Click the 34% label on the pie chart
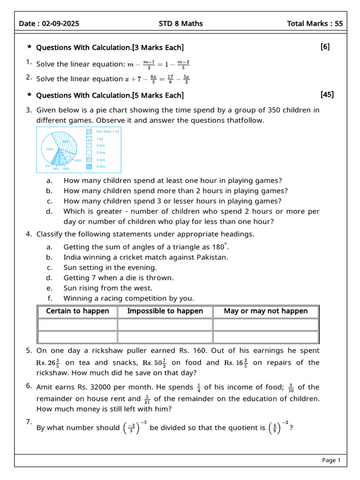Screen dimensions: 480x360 [x=50, y=149]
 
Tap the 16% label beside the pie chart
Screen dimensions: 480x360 [x=78, y=160]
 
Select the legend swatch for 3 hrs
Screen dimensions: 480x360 [x=89, y=152]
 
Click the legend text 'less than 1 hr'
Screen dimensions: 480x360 [x=108, y=132]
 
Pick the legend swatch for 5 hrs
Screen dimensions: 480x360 [x=89, y=166]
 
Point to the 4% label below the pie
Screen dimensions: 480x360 [x=47, y=165]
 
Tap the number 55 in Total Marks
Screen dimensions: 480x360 [x=338, y=23]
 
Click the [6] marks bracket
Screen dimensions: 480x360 [x=325, y=47]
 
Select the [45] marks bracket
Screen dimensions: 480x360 [x=327, y=95]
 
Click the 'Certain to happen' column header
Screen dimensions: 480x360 [x=77, y=311]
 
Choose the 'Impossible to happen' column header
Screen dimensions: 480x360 [x=165, y=311]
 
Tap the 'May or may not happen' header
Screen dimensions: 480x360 [x=266, y=311]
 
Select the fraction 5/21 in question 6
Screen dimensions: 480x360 [x=147, y=399]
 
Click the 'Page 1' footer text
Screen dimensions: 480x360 [x=331, y=460]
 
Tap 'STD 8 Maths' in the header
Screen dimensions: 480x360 [x=181, y=23]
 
